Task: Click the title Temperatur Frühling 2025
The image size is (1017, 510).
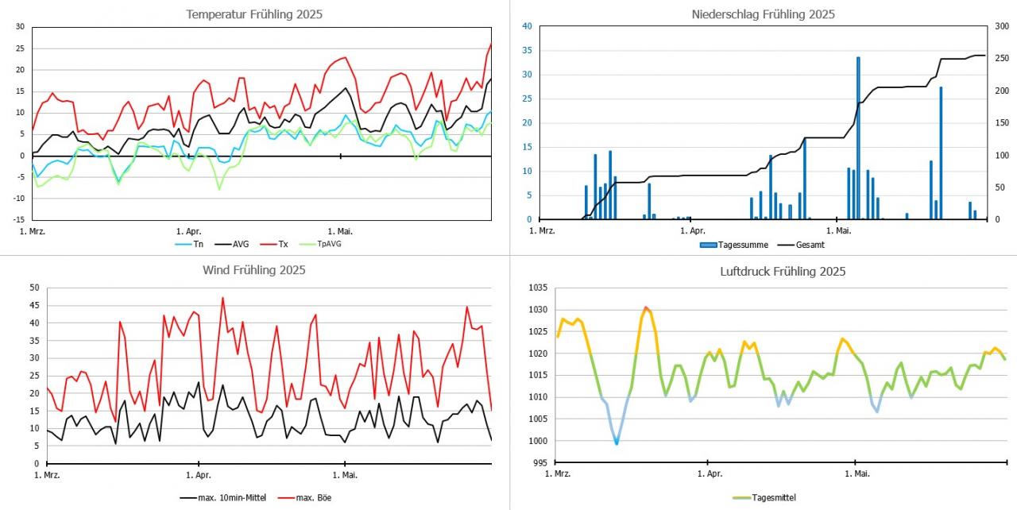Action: click(253, 14)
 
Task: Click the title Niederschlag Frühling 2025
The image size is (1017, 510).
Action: click(763, 14)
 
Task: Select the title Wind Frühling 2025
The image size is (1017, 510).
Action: click(253, 270)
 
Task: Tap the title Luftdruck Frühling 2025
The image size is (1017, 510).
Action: click(782, 272)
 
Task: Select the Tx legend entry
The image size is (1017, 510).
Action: click(283, 244)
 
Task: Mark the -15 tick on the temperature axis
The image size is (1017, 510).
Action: click(17, 219)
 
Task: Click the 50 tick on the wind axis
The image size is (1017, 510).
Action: click(33, 288)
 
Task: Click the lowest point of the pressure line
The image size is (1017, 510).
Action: click(617, 443)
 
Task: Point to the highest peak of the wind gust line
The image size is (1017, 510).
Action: click(222, 298)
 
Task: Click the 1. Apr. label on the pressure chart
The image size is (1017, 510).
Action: click(710, 474)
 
